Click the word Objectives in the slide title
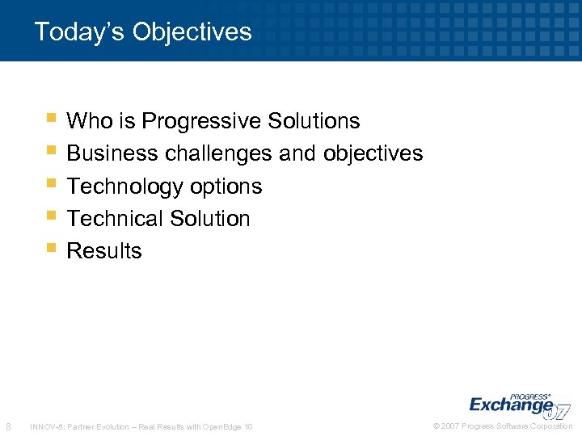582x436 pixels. point(192,32)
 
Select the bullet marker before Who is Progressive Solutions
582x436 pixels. point(52,119)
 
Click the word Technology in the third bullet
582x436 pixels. point(125,187)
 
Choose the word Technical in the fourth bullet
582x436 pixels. point(114,218)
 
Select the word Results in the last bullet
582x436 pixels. point(104,251)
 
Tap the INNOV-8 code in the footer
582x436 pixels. point(45,426)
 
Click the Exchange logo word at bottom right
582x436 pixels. point(511,405)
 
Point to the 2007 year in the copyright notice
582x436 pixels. point(451,426)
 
